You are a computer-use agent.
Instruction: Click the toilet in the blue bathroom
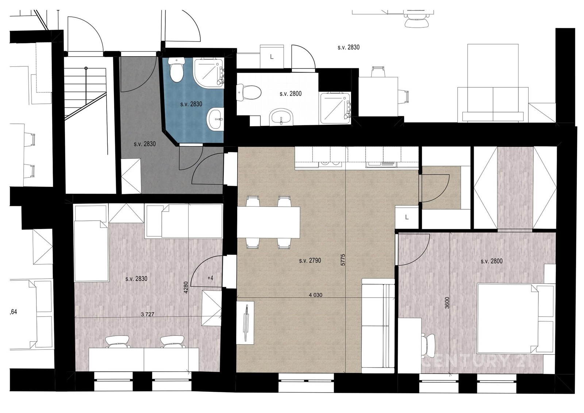(177, 69)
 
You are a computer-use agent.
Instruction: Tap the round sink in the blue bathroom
(215, 120)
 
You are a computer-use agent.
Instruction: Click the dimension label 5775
(343, 260)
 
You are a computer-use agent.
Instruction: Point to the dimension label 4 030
(315, 295)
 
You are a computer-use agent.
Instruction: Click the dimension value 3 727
(147, 314)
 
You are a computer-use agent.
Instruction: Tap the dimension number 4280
(186, 287)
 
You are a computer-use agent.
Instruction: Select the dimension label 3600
(447, 303)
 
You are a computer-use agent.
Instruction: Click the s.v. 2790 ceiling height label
(310, 260)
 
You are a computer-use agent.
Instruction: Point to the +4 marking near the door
(210, 278)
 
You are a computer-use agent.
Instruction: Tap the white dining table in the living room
(269, 222)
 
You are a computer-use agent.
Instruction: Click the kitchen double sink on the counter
(330, 164)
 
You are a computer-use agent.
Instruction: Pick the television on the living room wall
(246, 323)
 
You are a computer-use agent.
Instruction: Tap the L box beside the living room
(407, 217)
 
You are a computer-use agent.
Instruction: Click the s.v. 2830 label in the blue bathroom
(191, 104)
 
